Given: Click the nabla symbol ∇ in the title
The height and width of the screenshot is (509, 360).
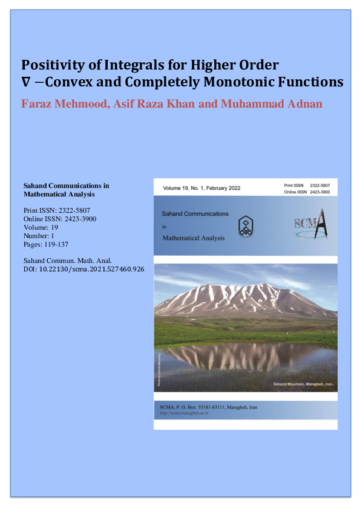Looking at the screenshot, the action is (x=26, y=82).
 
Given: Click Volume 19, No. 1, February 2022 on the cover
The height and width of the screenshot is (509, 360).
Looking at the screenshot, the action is (x=201, y=188).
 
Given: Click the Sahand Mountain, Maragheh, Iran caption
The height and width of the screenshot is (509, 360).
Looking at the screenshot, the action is (x=303, y=384).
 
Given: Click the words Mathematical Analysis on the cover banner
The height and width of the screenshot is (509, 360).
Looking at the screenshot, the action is (x=194, y=238).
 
